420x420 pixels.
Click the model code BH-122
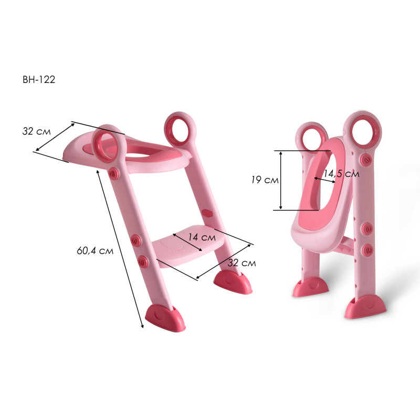[39, 80]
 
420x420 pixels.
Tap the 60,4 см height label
[95, 251]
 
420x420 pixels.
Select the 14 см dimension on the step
[202, 237]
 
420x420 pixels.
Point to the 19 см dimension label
[265, 180]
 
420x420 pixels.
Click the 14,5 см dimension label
[341, 174]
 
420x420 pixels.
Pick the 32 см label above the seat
[36, 131]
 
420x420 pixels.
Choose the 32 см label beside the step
[241, 263]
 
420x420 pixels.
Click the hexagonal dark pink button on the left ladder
[207, 213]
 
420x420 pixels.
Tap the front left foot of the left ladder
[165, 318]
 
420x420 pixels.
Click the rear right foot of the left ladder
[233, 282]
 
